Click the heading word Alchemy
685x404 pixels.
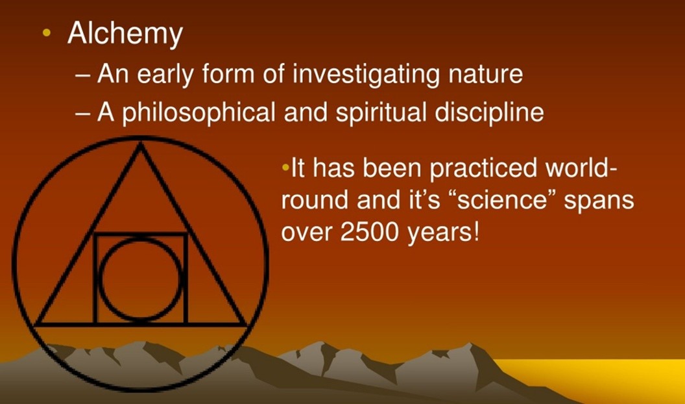(125, 35)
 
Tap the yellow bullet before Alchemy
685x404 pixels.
(47, 32)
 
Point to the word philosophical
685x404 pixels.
(198, 112)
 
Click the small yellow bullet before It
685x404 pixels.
(285, 167)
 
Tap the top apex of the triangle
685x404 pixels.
(140, 145)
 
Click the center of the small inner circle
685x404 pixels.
(140, 279)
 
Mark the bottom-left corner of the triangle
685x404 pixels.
(35, 324)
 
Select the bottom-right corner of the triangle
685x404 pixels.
(246, 324)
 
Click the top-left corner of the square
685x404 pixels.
(95, 234)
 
